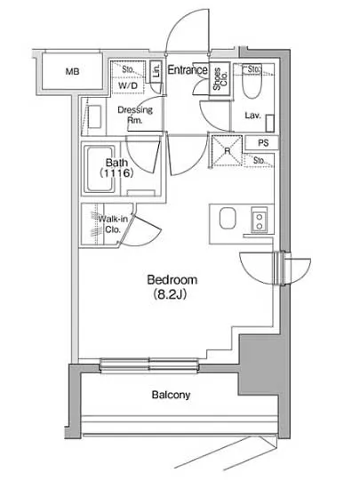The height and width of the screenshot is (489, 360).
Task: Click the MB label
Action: [x=72, y=71]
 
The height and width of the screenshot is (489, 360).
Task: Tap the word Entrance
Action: [x=188, y=69]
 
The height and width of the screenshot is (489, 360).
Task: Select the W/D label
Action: [x=128, y=85]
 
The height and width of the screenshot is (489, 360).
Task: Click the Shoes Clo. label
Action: [x=220, y=79]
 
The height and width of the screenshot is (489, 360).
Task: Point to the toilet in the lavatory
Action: [x=252, y=82]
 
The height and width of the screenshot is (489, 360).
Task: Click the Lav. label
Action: [x=252, y=116]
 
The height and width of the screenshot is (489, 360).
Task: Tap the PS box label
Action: [x=263, y=143]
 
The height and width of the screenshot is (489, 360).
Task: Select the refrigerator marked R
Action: [x=227, y=150]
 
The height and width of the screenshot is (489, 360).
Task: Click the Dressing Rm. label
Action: [x=135, y=115]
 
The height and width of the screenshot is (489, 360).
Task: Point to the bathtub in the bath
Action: [x=100, y=169]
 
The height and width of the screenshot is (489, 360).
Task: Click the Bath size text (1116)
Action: [x=116, y=172]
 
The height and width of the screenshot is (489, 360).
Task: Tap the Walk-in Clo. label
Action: [x=113, y=224]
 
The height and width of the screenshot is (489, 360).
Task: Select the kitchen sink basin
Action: [x=228, y=219]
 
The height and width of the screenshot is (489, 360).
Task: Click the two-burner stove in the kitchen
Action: [x=260, y=220]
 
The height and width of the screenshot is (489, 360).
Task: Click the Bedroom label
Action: [x=172, y=280]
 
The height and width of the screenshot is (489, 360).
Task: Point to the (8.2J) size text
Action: [x=170, y=293]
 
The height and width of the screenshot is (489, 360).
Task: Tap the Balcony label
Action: [x=171, y=395]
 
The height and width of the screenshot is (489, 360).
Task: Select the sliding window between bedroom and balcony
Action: [x=149, y=365]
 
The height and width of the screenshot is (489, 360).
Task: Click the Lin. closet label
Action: [x=157, y=71]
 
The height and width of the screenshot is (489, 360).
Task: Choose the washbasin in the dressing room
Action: [x=94, y=116]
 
